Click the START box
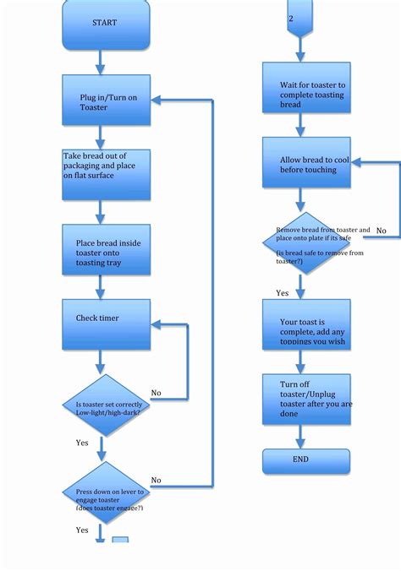coord(105,23)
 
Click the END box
coord(299,460)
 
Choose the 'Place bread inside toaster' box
coord(105,249)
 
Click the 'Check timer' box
coord(105,324)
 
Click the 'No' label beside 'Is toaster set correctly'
coord(157,393)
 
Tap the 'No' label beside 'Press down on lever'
coord(157,480)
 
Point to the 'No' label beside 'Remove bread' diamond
coord(382,231)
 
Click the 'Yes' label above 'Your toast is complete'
coord(282,293)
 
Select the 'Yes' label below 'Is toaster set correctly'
coord(82,443)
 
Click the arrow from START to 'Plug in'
coord(102,61)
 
